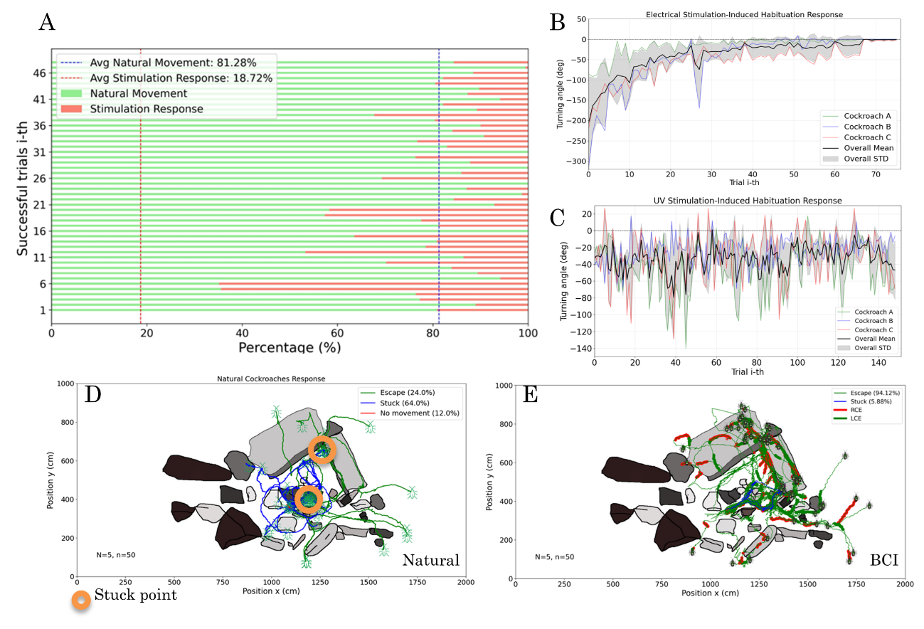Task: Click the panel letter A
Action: point(47,23)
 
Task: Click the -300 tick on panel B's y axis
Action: point(573,162)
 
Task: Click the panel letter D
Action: point(91,393)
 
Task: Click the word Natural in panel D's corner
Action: point(430,561)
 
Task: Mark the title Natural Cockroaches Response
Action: point(270,379)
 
